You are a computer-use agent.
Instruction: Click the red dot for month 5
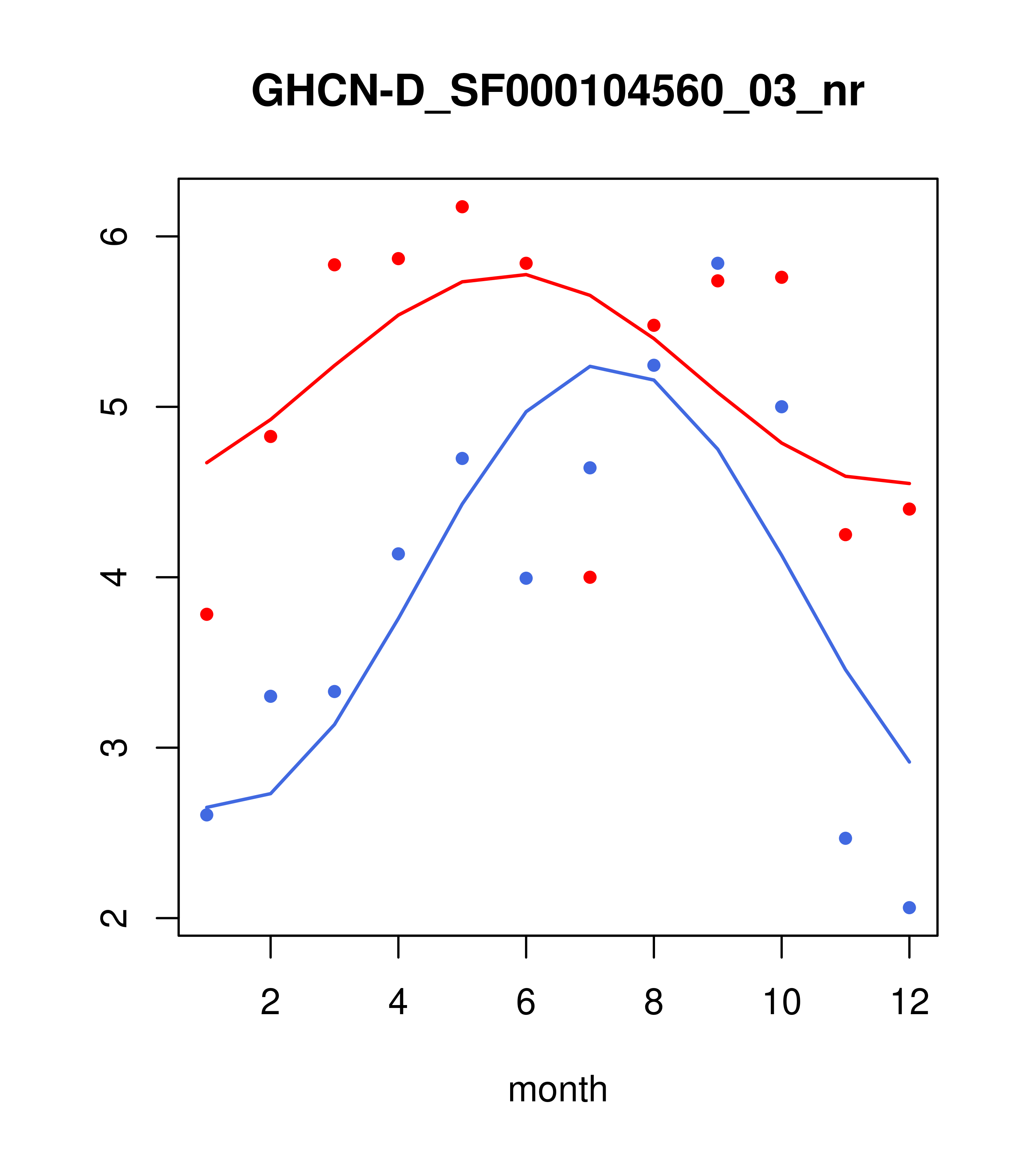click(x=462, y=207)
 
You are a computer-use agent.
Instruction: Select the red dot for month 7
click(x=590, y=577)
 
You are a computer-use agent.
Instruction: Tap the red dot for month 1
click(x=207, y=614)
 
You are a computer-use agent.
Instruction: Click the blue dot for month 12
click(x=910, y=908)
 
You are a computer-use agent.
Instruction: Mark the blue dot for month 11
click(x=846, y=838)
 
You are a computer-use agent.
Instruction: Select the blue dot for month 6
click(x=526, y=578)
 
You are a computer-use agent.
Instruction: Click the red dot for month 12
click(x=910, y=509)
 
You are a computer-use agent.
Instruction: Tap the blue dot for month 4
click(x=399, y=554)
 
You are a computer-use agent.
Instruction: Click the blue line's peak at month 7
click(x=590, y=367)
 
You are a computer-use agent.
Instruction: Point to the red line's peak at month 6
click(x=526, y=275)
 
